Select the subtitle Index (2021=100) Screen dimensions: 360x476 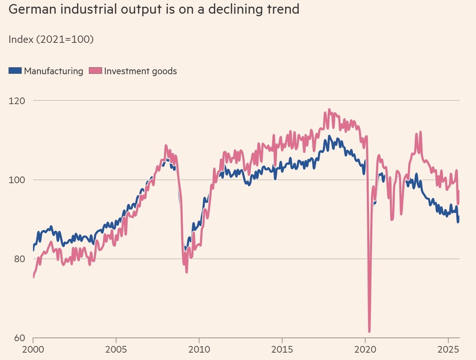(x=51, y=39)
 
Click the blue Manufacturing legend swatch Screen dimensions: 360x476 (x=15, y=71)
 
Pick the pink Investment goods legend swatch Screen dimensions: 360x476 (x=95, y=71)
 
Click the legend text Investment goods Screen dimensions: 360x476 (x=140, y=71)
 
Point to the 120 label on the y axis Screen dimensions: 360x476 (x=17, y=100)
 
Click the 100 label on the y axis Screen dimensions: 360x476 (x=17, y=180)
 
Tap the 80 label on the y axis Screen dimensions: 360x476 (x=19, y=259)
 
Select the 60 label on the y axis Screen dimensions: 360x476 (x=19, y=338)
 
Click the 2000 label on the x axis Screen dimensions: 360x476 (x=33, y=349)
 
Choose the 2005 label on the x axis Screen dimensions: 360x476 (x=116, y=349)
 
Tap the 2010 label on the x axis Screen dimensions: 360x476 (x=199, y=349)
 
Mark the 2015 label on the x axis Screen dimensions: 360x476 (x=282, y=349)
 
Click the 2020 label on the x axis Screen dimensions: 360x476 (x=365, y=349)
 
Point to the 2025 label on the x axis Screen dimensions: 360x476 (x=448, y=349)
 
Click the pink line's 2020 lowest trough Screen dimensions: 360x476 (x=369, y=331)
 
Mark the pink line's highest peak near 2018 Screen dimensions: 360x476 (x=329, y=110)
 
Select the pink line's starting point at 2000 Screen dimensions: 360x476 (x=34, y=277)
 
